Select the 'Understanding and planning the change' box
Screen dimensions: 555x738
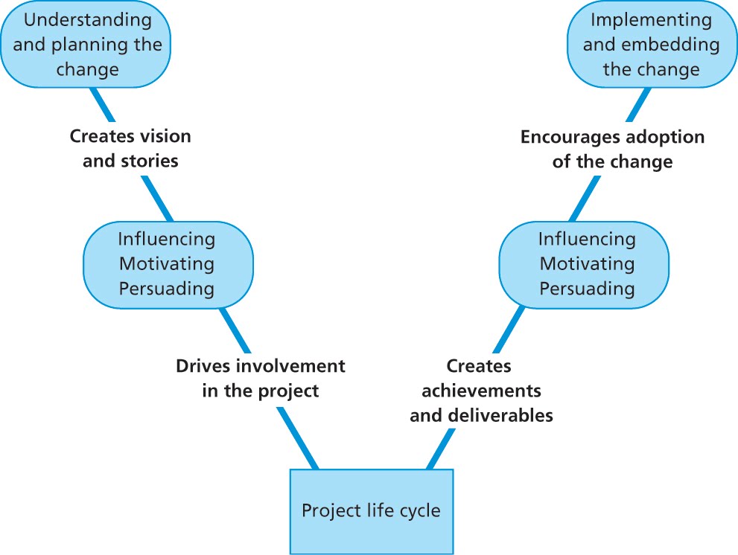(88, 44)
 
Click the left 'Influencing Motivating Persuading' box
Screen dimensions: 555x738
(168, 263)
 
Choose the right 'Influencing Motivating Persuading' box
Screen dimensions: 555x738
(586, 263)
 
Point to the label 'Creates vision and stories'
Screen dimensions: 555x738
(130, 149)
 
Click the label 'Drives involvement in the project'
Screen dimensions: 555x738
(261, 379)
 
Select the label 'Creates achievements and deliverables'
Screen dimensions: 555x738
(481, 391)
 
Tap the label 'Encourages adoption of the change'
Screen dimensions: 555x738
(612, 150)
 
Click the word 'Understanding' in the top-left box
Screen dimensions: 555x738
(88, 19)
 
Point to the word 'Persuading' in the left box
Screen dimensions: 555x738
(168, 288)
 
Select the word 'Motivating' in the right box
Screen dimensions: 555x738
(586, 263)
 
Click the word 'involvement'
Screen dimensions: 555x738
(298, 366)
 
